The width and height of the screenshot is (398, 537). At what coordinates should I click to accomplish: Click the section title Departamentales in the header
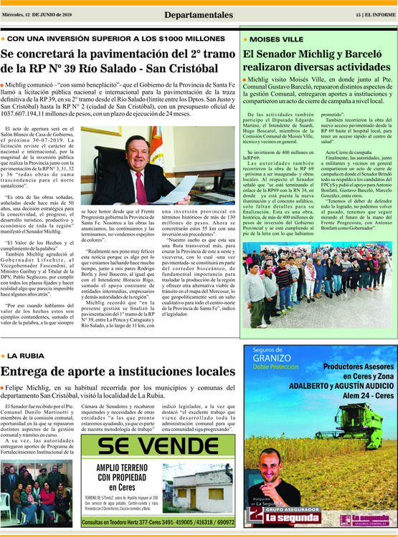pos(198,15)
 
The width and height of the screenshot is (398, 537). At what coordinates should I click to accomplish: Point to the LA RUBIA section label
pos(27,354)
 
